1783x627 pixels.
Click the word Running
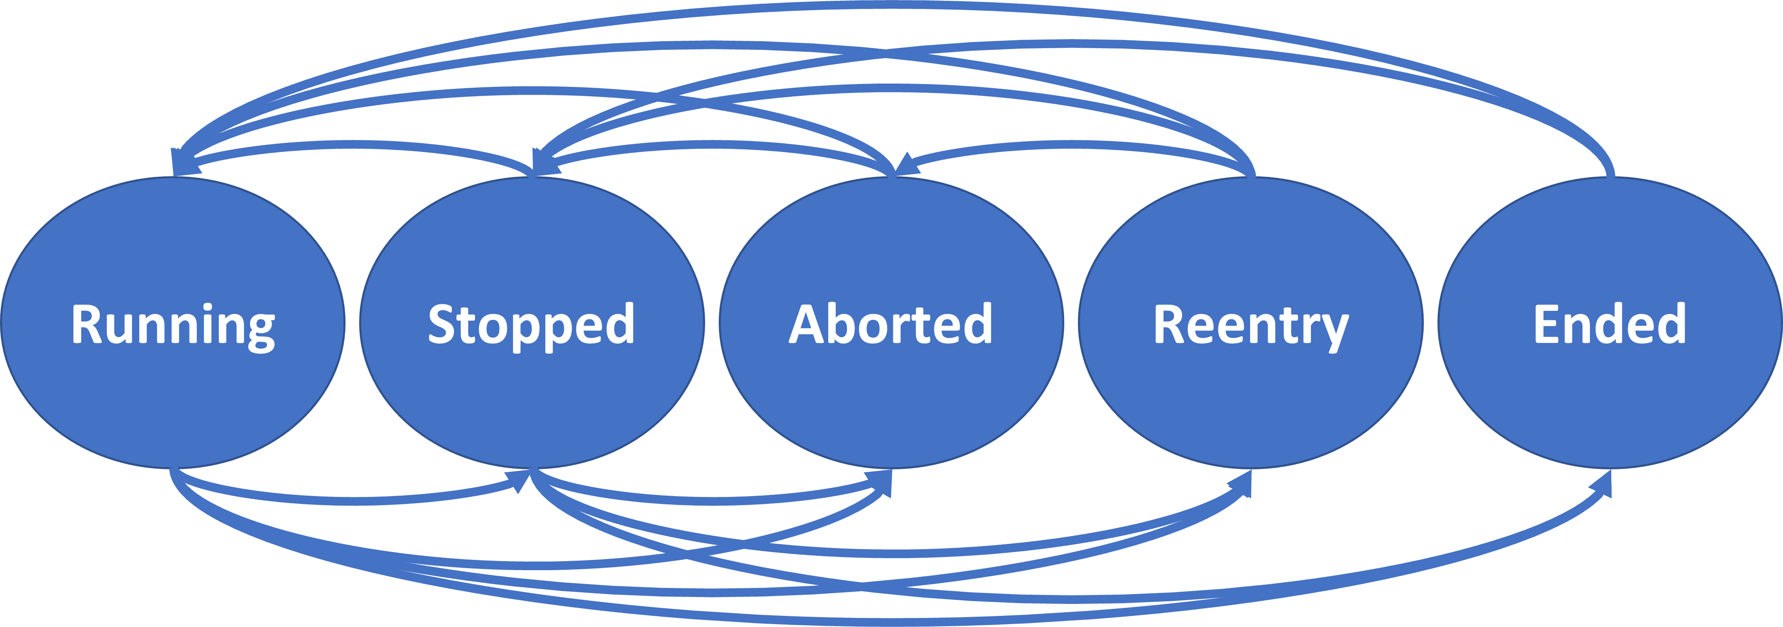pos(173,324)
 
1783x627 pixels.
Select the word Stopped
pos(531,324)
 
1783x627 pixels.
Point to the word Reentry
pos(1251,324)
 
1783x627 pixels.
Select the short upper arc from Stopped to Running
pos(353,144)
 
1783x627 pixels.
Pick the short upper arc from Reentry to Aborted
pos(1073,144)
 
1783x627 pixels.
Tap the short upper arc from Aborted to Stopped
pos(713,144)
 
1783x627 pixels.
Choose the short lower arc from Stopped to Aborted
pos(713,500)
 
